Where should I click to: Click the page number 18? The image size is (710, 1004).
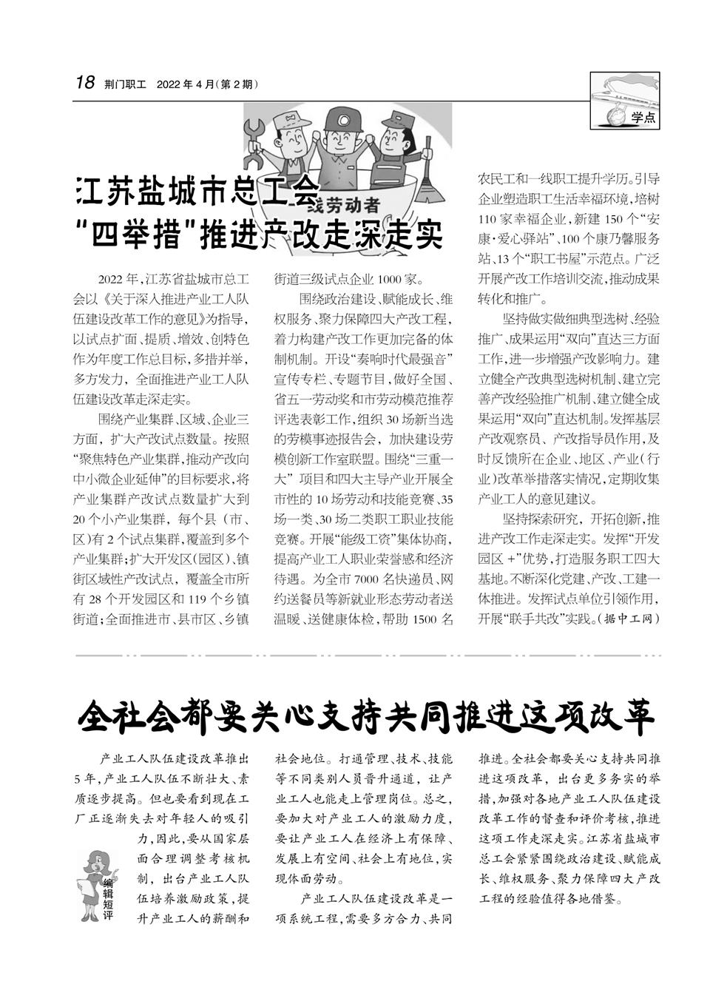click(85, 83)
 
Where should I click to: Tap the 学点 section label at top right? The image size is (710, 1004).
click(643, 118)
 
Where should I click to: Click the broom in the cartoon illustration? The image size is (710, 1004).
click(430, 185)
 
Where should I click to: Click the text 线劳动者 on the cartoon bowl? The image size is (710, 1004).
click(347, 205)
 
